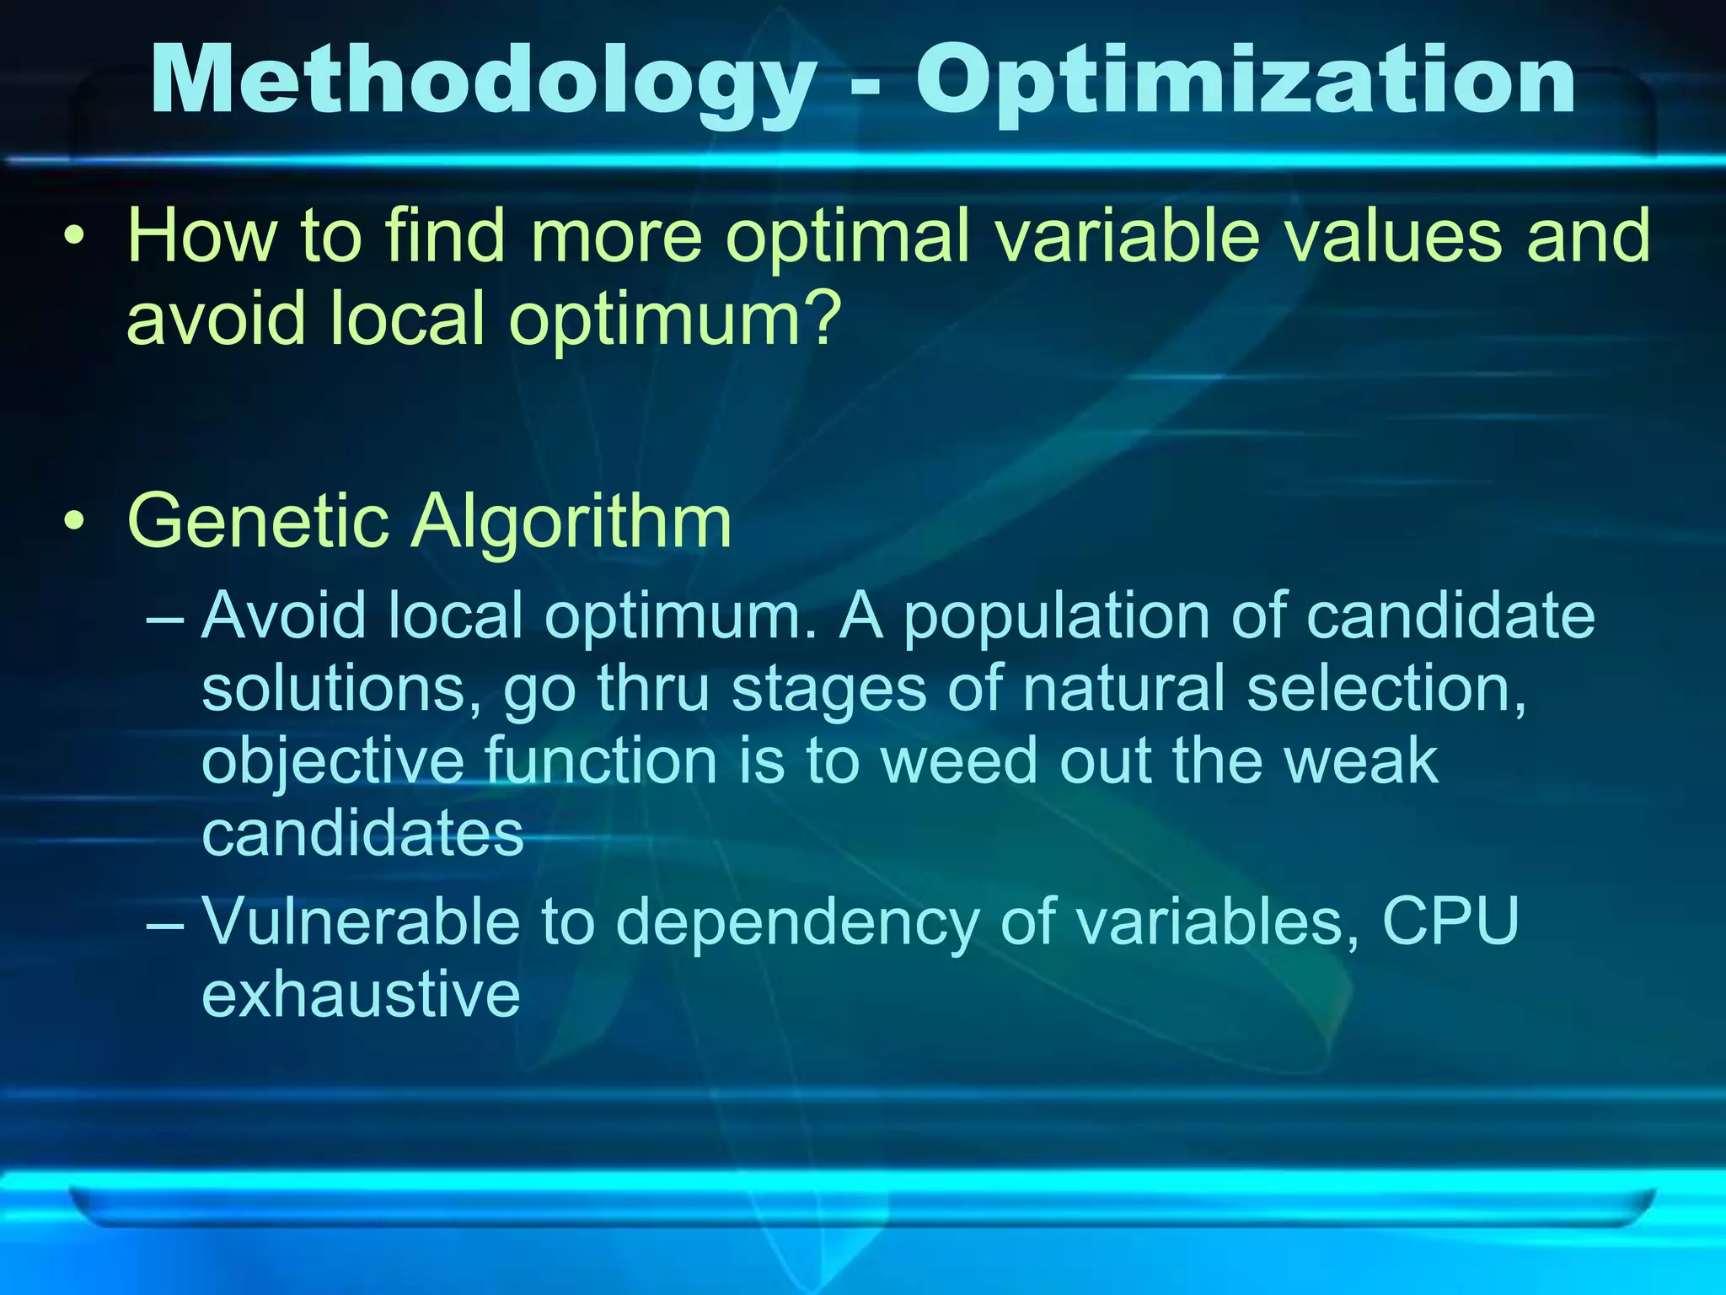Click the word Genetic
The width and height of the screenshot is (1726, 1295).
(258, 524)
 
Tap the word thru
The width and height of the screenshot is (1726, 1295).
(654, 689)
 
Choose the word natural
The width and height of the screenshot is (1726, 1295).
(1123, 689)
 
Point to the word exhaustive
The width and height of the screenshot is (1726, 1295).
(361, 995)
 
